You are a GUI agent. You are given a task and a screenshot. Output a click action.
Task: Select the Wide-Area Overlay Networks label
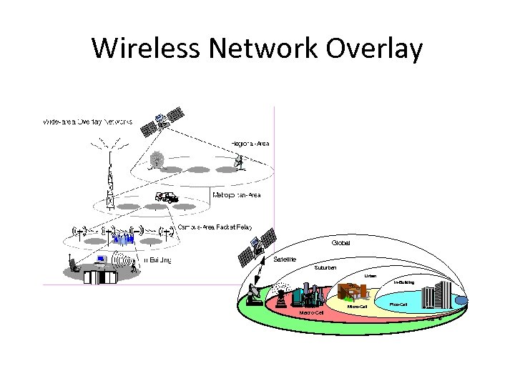pos(87,122)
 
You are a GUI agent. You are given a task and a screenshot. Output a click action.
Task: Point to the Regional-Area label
pos(250,144)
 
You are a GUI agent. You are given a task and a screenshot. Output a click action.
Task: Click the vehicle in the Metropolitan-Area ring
pos(166,197)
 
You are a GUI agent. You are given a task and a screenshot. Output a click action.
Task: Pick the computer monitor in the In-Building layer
pos(102,260)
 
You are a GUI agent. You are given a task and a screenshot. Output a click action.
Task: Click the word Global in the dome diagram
pos(340,242)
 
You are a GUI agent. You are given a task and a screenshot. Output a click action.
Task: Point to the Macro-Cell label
pos(312,313)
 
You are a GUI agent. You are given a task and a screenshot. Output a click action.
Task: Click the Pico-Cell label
pos(398,305)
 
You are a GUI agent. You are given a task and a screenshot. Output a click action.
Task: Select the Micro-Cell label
pos(356,307)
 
